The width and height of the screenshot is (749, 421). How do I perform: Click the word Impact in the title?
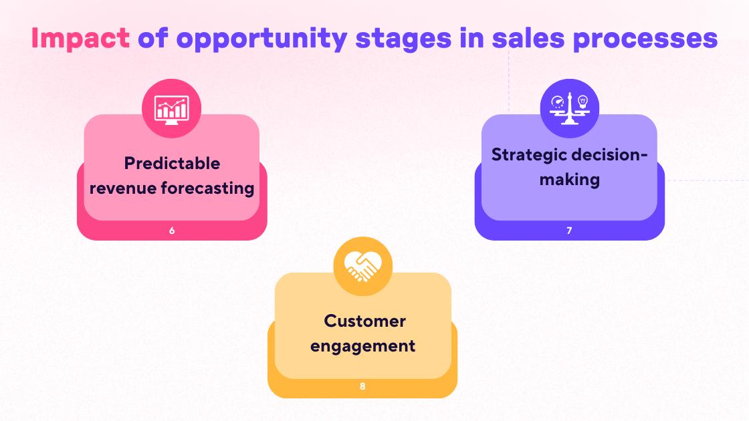coord(80,39)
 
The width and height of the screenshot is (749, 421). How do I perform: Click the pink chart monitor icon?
coord(172,108)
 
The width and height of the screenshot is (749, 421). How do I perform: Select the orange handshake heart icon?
coord(362,267)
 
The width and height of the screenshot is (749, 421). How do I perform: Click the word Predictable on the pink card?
coord(172,163)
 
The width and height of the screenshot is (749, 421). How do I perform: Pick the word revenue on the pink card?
coord(123,188)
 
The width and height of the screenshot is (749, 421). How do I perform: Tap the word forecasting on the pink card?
coord(208,188)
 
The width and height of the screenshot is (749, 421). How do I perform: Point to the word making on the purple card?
coord(570,179)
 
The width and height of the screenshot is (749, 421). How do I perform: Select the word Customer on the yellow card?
coord(364,321)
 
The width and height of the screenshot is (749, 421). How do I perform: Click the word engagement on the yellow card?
coord(362,346)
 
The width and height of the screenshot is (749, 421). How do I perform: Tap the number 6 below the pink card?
coord(172,231)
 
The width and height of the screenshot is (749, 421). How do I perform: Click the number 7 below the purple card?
coord(569,231)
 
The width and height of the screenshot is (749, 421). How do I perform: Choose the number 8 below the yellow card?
coord(362,386)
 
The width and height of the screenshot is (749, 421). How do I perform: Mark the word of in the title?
coord(152,39)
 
